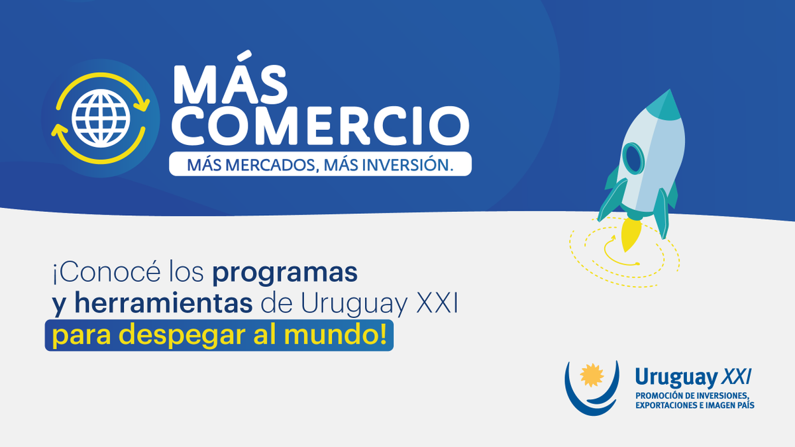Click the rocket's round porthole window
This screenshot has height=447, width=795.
pyautogui.click(x=634, y=159)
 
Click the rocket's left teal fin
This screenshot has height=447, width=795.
pyautogui.click(x=610, y=199)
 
